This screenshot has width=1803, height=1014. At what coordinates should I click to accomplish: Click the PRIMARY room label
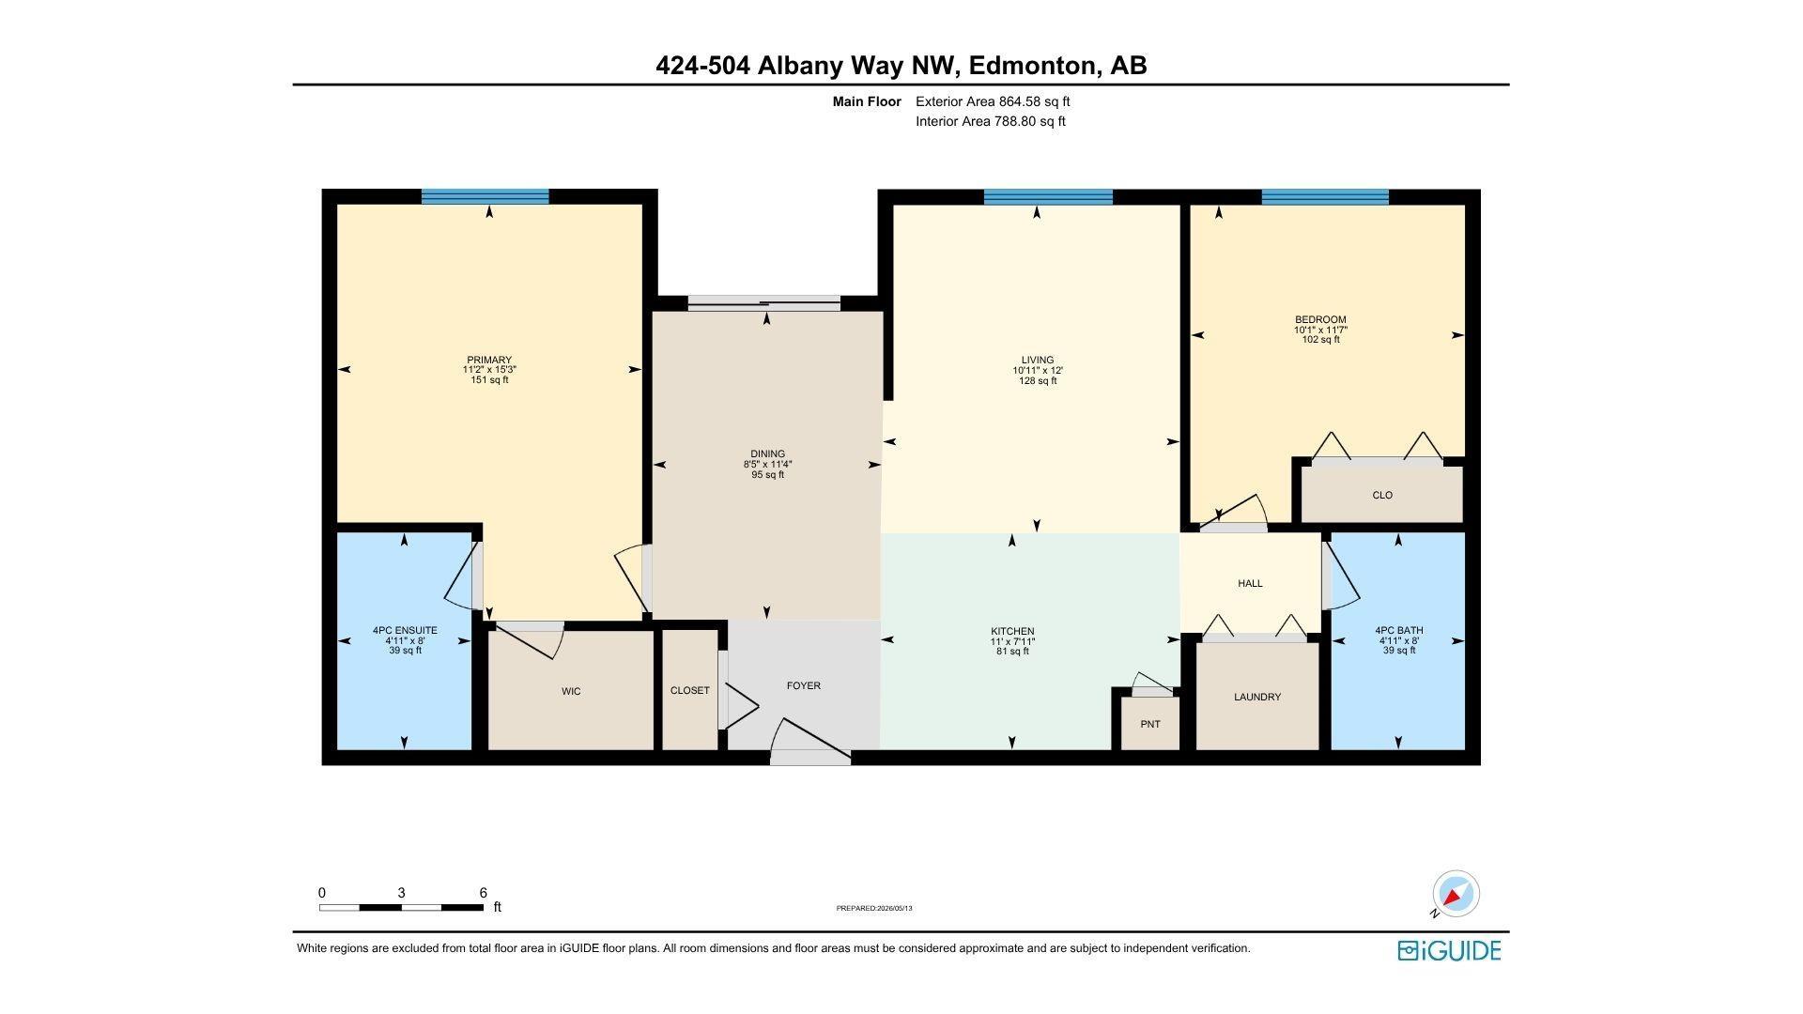(489, 360)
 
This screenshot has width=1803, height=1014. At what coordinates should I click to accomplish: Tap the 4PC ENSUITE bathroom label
(405, 630)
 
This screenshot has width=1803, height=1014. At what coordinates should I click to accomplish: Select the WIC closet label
(571, 691)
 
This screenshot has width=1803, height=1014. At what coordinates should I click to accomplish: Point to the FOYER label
(804, 685)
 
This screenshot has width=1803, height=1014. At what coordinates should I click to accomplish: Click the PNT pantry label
(1150, 724)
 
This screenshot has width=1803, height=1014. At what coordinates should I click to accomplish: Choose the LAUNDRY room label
(1257, 697)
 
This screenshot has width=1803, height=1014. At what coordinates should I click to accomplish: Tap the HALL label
(1250, 583)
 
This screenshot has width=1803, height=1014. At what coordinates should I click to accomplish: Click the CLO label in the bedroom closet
(1382, 495)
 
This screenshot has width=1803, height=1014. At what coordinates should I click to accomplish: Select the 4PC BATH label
(1399, 630)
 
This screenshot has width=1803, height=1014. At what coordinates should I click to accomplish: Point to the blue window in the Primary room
(485, 196)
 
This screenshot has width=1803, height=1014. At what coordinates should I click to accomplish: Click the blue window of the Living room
(1048, 196)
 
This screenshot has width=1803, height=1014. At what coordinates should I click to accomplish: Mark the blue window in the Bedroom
(1325, 196)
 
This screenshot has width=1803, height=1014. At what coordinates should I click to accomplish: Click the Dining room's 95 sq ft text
(767, 474)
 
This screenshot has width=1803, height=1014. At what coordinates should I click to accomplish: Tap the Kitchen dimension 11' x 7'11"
(1012, 641)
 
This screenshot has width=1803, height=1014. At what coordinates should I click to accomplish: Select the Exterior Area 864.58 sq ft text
(993, 101)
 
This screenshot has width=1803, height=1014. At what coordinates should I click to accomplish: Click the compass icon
(1456, 893)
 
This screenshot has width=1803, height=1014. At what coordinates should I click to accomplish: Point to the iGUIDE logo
(1449, 950)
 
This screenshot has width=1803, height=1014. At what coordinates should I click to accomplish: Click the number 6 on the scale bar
(483, 893)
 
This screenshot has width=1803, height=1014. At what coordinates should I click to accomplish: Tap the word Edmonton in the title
(1032, 66)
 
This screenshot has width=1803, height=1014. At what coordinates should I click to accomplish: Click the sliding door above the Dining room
(764, 302)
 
